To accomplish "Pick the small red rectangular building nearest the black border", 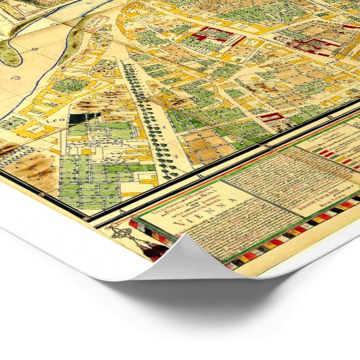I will point(271,118).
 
